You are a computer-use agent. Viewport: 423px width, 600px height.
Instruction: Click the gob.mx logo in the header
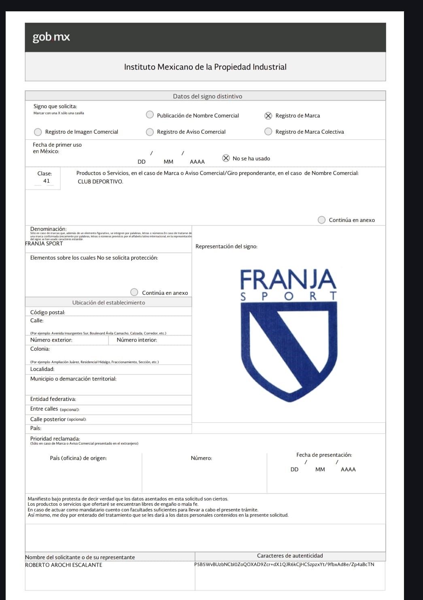(x=51, y=37)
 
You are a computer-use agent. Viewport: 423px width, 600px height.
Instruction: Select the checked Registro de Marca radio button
(x=268, y=115)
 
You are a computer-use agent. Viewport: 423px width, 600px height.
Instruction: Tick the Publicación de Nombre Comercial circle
(x=150, y=115)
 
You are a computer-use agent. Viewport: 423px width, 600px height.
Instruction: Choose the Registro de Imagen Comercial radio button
(x=38, y=132)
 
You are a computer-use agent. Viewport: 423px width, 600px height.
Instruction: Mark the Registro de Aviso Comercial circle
(x=150, y=132)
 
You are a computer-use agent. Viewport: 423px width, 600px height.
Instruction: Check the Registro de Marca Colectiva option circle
(x=268, y=132)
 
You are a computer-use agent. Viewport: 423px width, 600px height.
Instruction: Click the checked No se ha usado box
(x=226, y=158)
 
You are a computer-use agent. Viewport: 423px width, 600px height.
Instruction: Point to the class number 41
(x=47, y=181)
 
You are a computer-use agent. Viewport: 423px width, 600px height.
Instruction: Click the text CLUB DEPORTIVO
(x=100, y=182)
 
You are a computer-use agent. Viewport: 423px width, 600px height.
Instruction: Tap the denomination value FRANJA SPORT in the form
(x=44, y=244)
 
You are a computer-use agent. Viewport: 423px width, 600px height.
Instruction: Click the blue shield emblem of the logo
(x=288, y=348)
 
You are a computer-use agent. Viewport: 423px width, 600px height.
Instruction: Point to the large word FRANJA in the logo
(x=288, y=279)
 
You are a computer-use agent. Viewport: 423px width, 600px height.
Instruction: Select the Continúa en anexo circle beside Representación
(x=321, y=220)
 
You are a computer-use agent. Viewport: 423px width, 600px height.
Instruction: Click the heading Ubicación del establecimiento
(x=108, y=302)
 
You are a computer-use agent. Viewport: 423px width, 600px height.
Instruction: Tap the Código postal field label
(x=48, y=312)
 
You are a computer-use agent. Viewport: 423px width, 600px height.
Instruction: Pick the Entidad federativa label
(x=53, y=399)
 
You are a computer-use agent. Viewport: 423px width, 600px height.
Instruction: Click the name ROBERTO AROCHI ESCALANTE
(x=64, y=565)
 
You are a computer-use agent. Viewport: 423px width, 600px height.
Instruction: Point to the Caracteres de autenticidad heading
(x=290, y=556)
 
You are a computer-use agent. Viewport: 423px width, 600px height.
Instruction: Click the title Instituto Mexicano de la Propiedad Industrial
(x=205, y=67)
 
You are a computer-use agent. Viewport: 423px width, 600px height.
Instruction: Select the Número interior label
(x=137, y=340)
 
